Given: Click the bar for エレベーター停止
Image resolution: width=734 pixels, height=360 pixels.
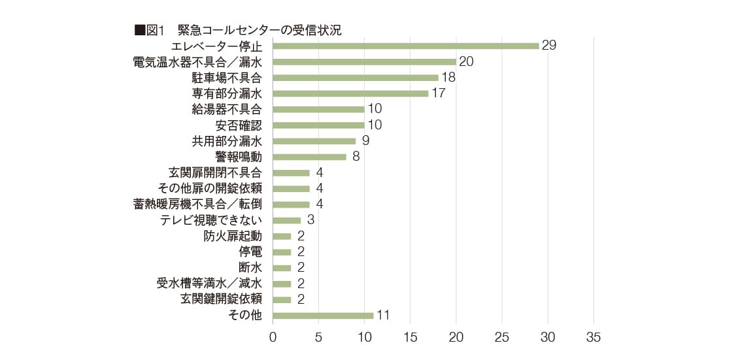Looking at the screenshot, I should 405,46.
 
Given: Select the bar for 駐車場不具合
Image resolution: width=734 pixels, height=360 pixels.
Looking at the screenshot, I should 355,78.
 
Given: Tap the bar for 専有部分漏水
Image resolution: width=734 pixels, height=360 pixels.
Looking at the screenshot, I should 350,93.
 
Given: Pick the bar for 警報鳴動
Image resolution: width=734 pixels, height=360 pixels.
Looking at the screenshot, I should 309,157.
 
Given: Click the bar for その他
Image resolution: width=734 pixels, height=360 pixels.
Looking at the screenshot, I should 323,316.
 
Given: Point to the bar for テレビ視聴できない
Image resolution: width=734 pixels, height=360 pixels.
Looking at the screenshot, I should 286,220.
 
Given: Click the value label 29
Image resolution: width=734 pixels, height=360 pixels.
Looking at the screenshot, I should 548,46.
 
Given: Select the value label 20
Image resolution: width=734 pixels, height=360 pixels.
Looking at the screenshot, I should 466,61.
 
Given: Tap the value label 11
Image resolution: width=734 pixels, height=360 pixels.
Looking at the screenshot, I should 383,316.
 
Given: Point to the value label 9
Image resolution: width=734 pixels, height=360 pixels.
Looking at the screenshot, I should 365,140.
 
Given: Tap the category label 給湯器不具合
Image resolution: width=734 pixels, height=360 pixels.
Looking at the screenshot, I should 226,109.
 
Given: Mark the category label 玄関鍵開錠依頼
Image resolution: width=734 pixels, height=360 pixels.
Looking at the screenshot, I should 221,299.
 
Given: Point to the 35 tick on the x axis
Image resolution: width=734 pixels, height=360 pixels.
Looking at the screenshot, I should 593,338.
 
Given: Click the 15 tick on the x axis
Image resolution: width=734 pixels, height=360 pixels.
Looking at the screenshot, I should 410,338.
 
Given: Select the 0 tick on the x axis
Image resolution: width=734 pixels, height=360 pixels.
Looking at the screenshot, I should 273,338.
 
